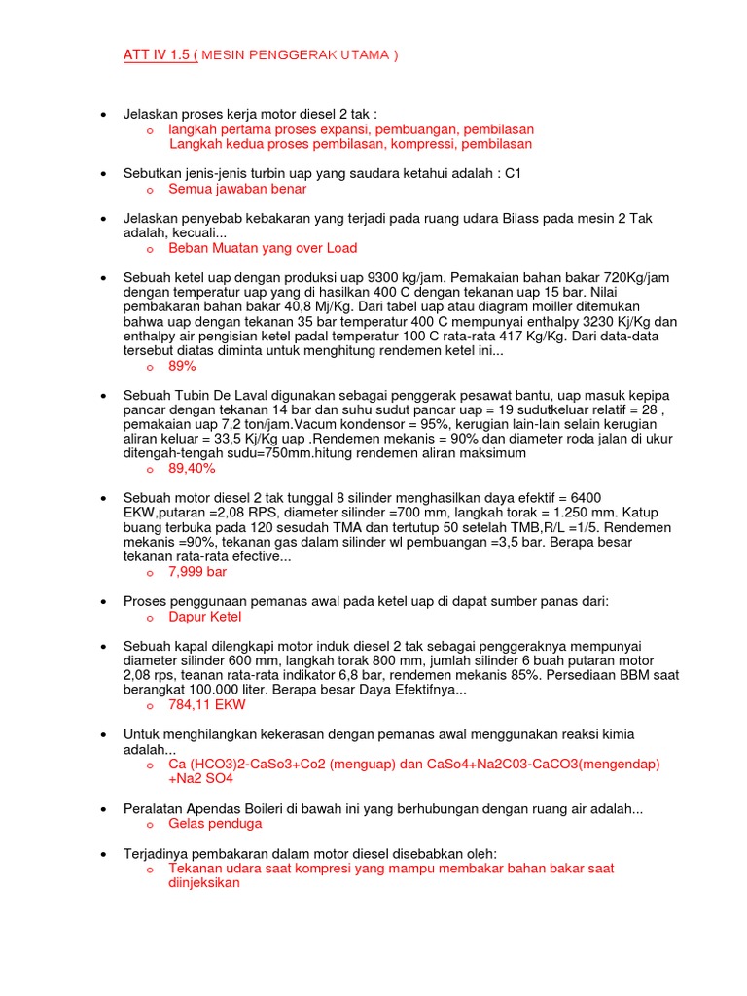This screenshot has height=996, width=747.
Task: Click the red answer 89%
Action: pos(182,366)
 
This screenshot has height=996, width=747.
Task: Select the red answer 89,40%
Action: pos(192,468)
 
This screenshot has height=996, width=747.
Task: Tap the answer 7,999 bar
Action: pos(197,571)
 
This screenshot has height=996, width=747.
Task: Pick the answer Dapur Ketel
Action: pos(204,617)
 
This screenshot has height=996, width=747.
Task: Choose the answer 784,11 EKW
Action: pos(207,704)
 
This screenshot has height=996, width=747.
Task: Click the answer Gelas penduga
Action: pos(215,823)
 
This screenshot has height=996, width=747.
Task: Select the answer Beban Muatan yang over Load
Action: pos(263,248)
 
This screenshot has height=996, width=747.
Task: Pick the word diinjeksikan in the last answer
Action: pos(203,883)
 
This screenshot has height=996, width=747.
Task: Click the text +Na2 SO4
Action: pos(200,778)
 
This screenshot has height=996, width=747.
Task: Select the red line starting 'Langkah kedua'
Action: pos(351,144)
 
